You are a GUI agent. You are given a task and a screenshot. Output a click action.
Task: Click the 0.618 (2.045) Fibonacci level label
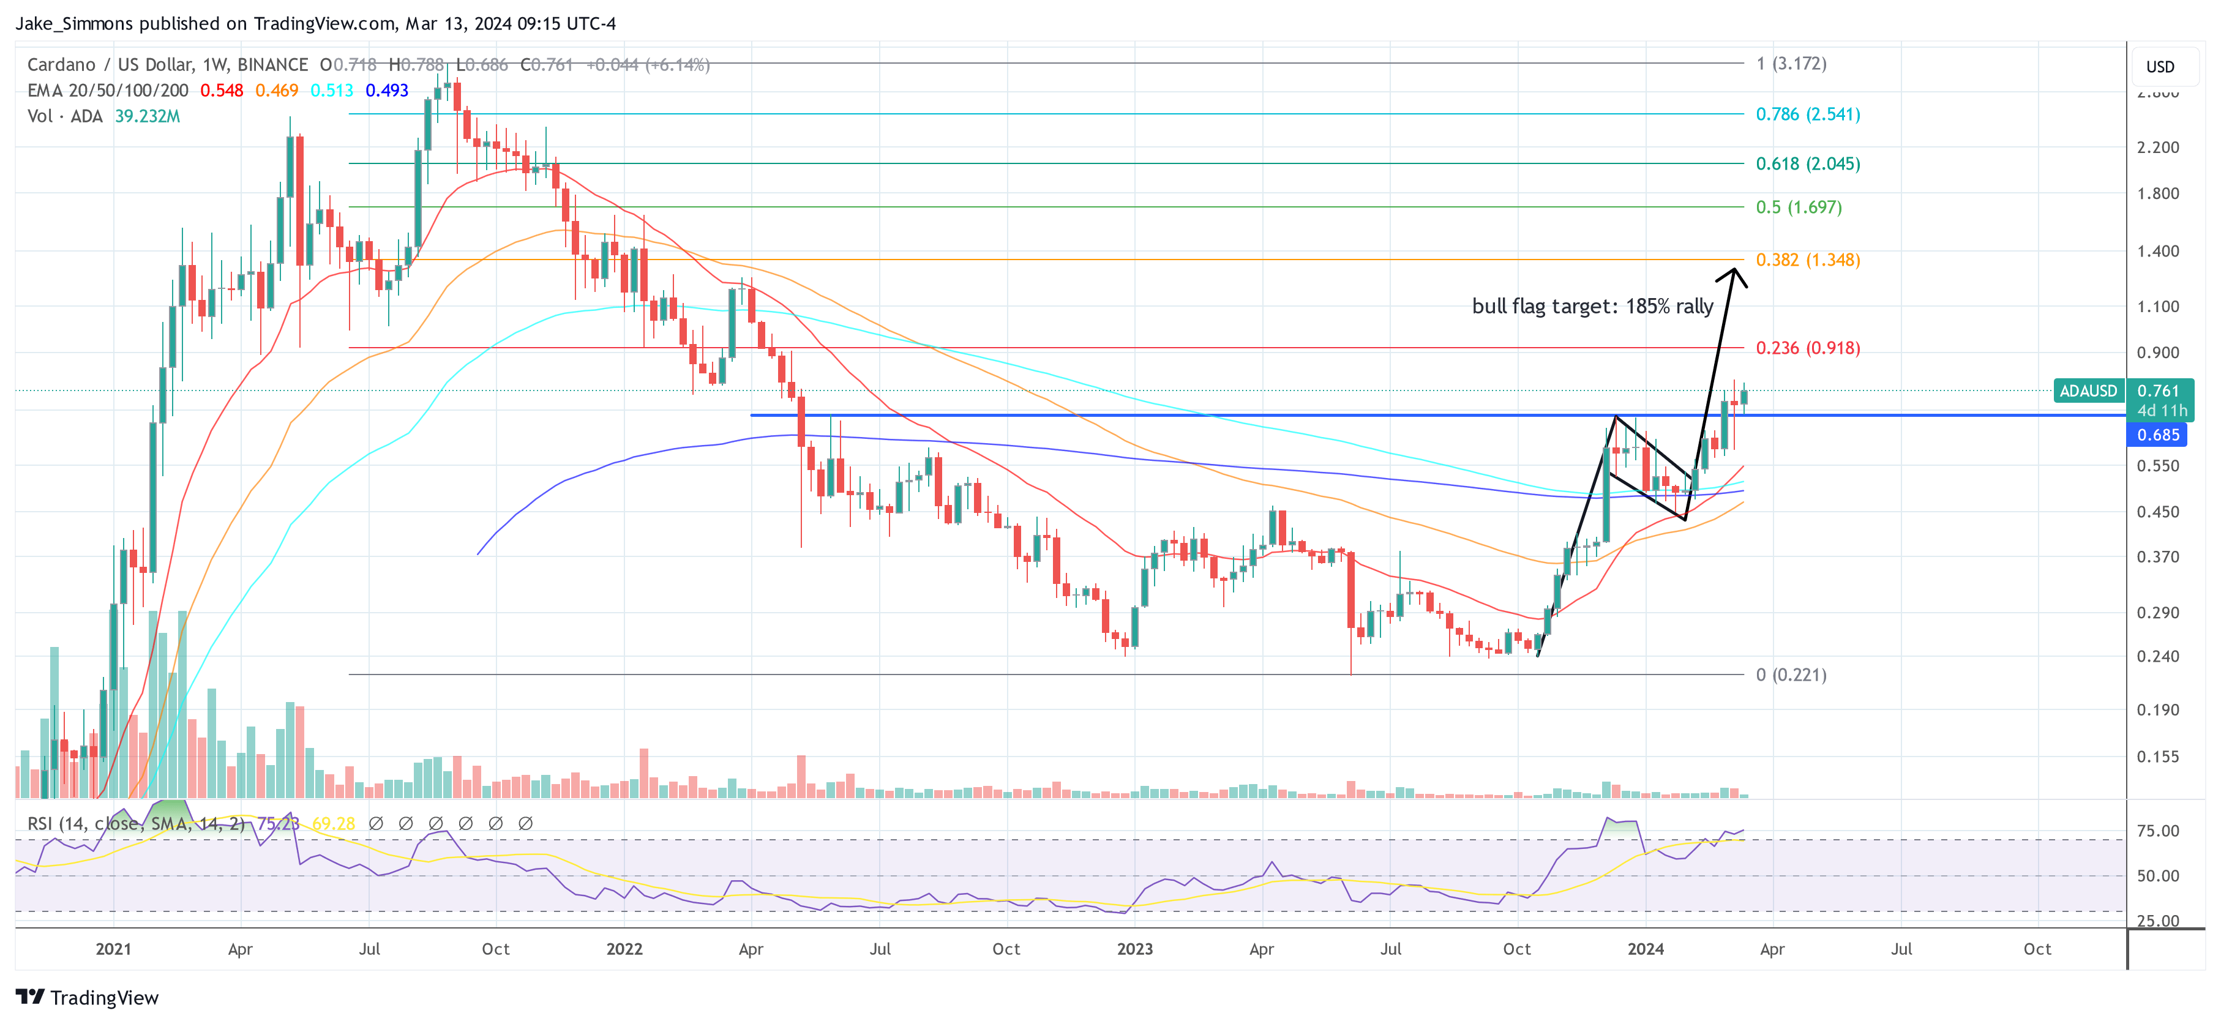click(1807, 164)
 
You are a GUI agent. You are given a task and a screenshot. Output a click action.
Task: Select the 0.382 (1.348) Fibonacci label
click(1807, 260)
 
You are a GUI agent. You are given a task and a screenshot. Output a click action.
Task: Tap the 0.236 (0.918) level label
click(1807, 348)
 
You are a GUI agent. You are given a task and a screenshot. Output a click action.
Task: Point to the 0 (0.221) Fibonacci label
click(1791, 675)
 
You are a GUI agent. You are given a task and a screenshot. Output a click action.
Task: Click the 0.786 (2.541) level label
click(1807, 114)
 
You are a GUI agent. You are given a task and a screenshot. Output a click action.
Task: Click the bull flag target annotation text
click(1592, 307)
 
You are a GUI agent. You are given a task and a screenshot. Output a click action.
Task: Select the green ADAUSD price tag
click(2088, 391)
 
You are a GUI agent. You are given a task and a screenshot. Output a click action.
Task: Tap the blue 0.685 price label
click(2157, 435)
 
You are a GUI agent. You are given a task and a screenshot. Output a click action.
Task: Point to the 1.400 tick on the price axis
click(2157, 252)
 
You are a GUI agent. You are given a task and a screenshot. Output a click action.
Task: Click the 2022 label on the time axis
click(624, 949)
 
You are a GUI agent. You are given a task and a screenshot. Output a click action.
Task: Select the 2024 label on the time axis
click(1645, 949)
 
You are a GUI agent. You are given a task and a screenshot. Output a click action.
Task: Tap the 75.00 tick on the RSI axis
click(2157, 831)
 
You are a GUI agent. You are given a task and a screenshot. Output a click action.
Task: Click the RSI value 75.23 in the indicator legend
click(278, 824)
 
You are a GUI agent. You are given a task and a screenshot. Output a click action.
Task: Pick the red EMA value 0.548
click(222, 91)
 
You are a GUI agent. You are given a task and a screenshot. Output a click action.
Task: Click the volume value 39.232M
click(148, 116)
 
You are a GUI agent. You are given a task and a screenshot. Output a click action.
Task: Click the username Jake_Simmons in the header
click(74, 23)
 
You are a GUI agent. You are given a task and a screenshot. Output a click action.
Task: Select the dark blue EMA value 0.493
click(386, 91)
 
